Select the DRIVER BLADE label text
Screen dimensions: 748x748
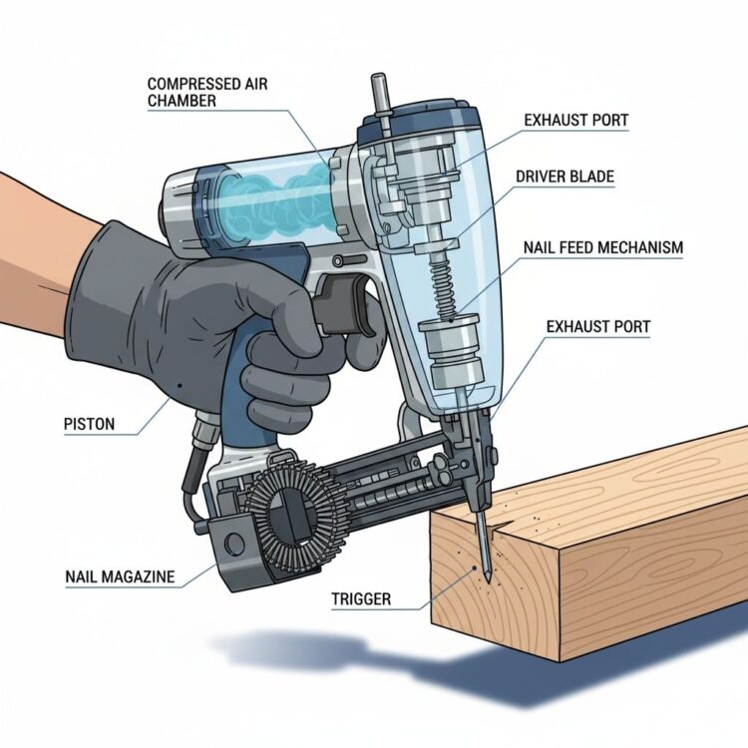(x=564, y=177)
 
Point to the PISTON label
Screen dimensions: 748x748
(x=89, y=424)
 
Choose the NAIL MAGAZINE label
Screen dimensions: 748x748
(x=120, y=576)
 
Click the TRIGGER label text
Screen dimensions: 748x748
(x=361, y=599)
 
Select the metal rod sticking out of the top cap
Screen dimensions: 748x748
(x=379, y=96)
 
